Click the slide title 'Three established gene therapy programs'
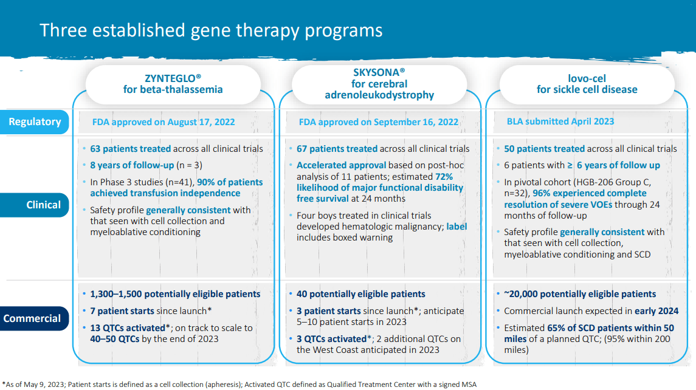pos(211,30)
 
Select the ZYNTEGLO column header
pos(173,84)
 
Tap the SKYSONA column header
pos(379,83)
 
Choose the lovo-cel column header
pos(587,84)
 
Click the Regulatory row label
pos(35,121)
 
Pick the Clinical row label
pos(43,205)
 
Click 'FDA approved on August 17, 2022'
pos(164,121)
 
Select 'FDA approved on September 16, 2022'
pos(378,121)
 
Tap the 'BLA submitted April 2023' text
pos(560,121)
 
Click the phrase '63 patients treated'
pos(131,148)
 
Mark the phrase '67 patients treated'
pos(337,148)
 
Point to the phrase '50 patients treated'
pos(544,148)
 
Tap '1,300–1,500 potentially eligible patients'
pos(175,294)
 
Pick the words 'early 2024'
pos(656,311)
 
